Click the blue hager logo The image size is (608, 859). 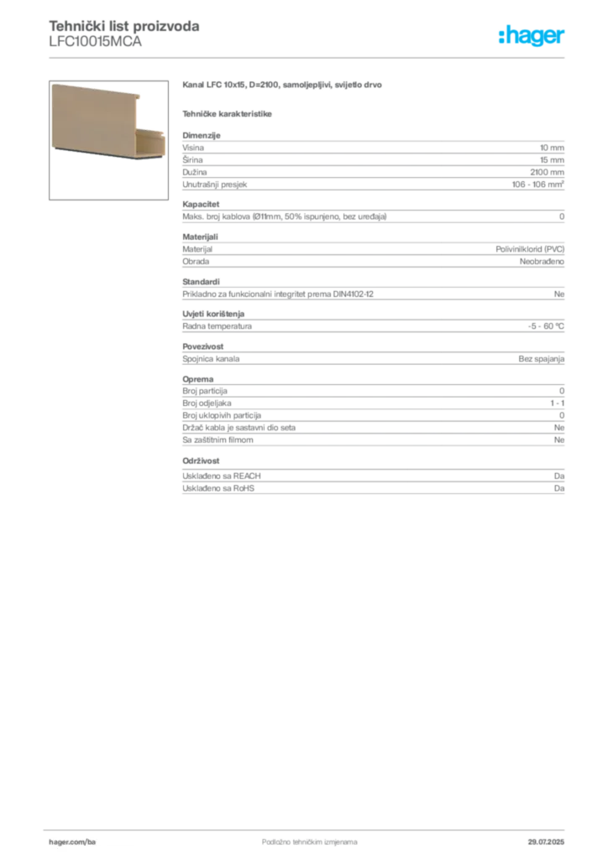pyautogui.click(x=533, y=37)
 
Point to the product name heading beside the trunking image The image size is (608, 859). pyautogui.click(x=281, y=86)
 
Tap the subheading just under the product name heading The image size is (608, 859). pyautogui.click(x=228, y=112)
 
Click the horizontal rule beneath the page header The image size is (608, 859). pyautogui.click(x=308, y=57)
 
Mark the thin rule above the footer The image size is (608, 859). pyautogui.click(x=308, y=827)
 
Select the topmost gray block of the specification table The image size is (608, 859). pyautogui.click(x=373, y=151)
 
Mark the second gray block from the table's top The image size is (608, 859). pyautogui.click(x=373, y=185)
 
